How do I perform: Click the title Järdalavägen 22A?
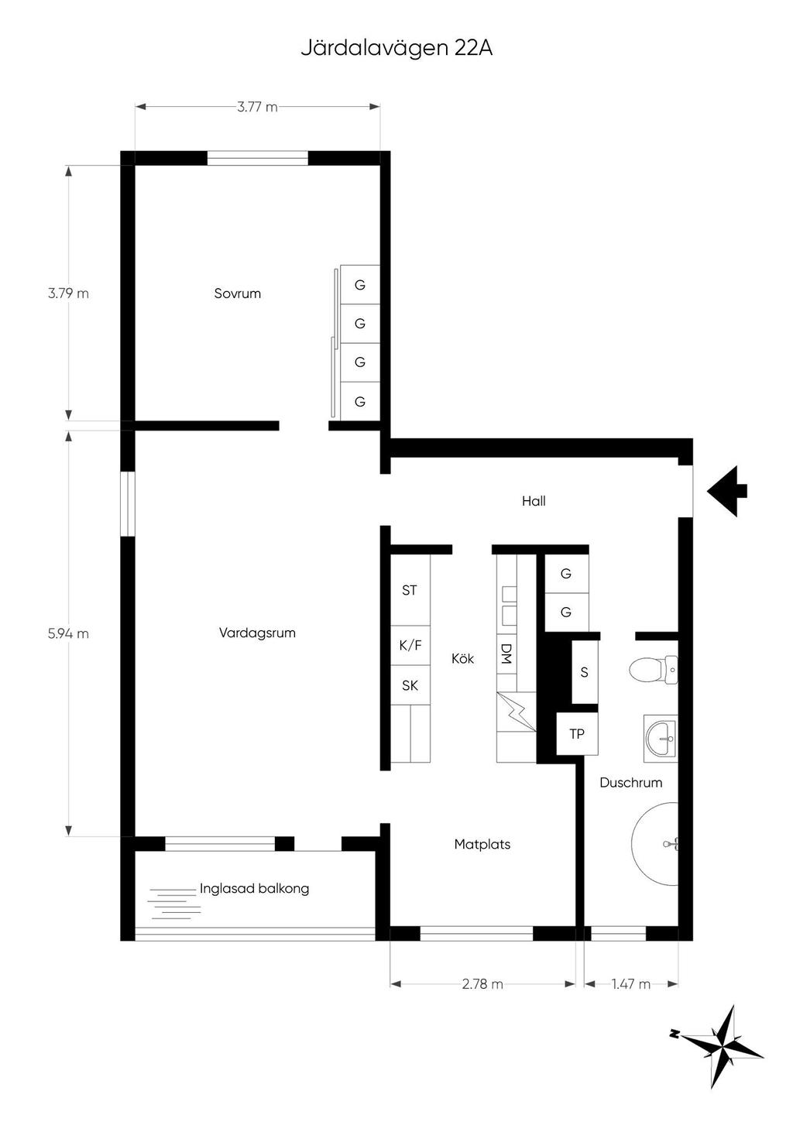[396, 49]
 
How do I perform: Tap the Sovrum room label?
[238, 293]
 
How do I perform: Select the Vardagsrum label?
[257, 633]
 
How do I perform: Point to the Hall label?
[534, 501]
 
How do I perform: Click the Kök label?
[462, 659]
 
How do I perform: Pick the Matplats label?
[482, 845]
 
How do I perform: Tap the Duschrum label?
[630, 782]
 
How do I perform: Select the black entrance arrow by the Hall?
[727, 491]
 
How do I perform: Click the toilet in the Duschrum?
[654, 670]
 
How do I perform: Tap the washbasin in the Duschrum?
[661, 739]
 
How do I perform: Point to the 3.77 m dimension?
[257, 107]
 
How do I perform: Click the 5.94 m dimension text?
[68, 634]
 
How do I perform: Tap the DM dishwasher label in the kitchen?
[506, 654]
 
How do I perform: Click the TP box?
[577, 734]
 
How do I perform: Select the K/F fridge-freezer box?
[410, 645]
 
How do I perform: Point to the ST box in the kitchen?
[410, 590]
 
